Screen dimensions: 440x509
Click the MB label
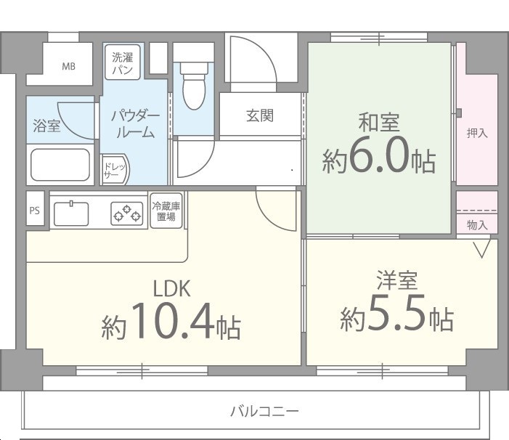tap(68, 67)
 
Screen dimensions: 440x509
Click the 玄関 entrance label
tap(259, 115)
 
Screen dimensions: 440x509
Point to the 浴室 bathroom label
tap(47, 126)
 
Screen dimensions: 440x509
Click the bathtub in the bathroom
tap(60, 166)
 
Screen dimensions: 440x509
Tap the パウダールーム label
tap(134, 124)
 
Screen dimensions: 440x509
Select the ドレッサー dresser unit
tap(113, 170)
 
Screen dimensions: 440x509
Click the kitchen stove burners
tap(126, 213)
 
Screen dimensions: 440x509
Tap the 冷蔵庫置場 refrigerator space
tap(166, 211)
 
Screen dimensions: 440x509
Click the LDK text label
tap(171, 289)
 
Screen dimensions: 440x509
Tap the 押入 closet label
tap(477, 133)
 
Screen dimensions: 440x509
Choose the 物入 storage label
tap(477, 225)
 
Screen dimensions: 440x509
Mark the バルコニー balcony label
tap(264, 412)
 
